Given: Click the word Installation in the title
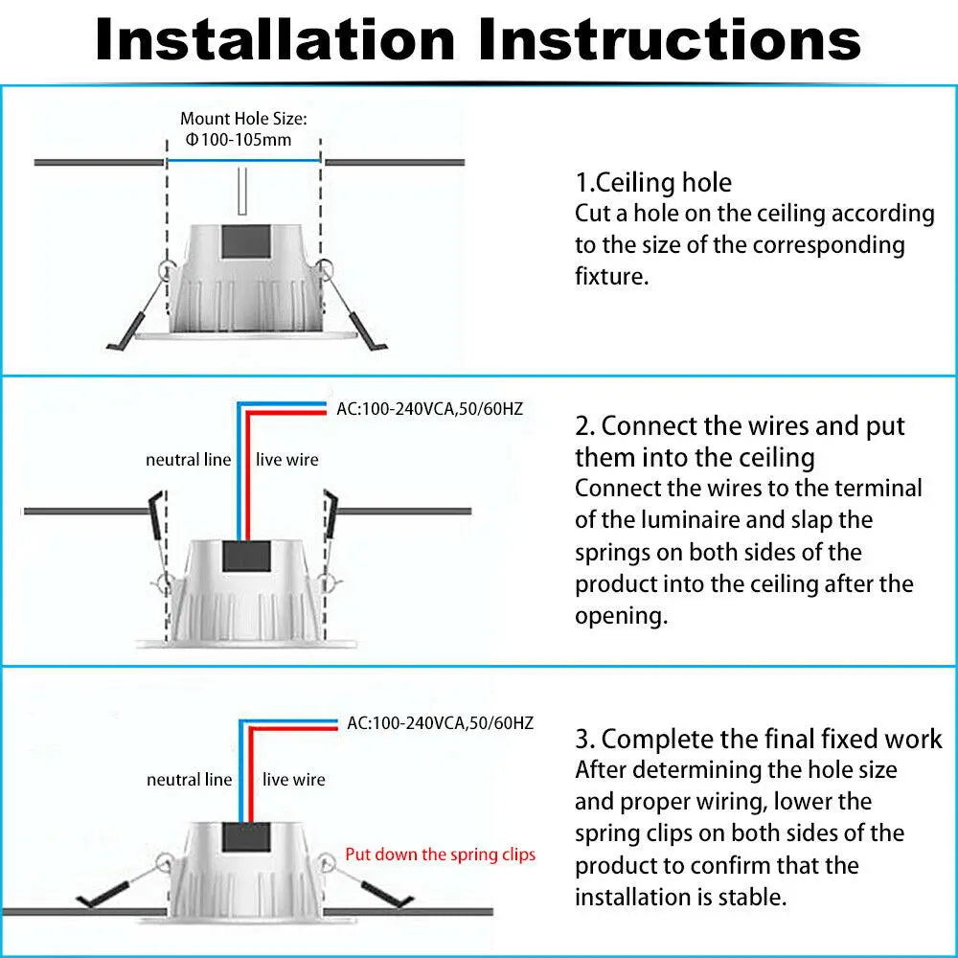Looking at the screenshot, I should (x=276, y=40).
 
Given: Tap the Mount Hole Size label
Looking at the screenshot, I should (x=243, y=119).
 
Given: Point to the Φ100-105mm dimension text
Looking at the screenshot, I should (x=239, y=140).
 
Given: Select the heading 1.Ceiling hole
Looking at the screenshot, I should (x=653, y=183).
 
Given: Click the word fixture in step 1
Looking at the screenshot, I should (x=609, y=277).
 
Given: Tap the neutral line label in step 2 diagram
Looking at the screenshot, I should (x=188, y=460).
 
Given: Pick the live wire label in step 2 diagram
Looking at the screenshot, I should (x=286, y=460).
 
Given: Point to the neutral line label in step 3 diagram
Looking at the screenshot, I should (x=189, y=780).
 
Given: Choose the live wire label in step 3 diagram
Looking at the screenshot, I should (x=293, y=780).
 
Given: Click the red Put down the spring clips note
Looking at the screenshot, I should (x=440, y=854).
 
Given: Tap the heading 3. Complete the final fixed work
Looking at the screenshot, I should (x=758, y=739).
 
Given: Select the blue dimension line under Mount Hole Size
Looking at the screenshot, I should (x=243, y=160).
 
